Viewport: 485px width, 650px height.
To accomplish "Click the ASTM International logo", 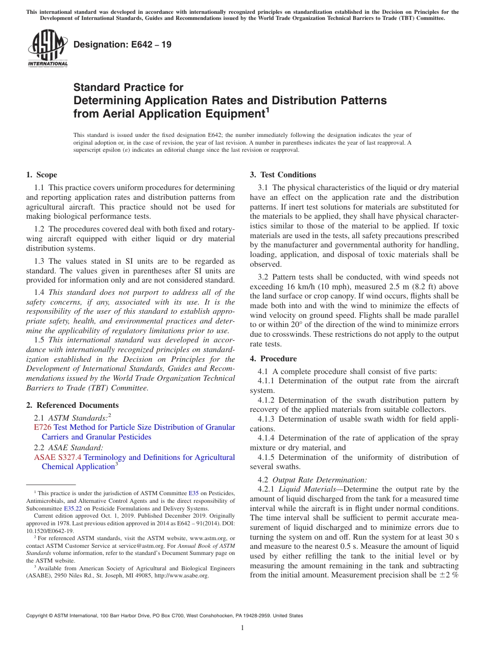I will coord(47,49).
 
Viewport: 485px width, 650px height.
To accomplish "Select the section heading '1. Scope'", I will coord(41,175).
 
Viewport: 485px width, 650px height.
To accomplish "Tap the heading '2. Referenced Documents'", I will coord(65,405).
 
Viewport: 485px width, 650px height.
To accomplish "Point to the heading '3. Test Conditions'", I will coord(283,175).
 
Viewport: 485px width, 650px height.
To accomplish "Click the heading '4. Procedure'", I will coord(273,359).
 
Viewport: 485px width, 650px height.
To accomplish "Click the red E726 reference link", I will coord(42,427).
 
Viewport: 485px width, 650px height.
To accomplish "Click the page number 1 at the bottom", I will coord(243,628).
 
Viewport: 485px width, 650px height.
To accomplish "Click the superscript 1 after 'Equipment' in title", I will coord(268,109).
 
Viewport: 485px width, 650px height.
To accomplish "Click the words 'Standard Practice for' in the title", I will coord(129,87).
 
